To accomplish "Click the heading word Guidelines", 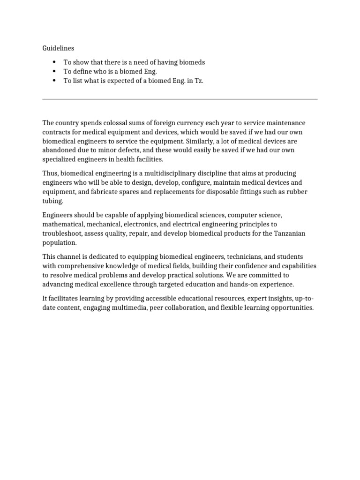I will (58, 48).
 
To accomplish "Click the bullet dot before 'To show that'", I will (54, 62).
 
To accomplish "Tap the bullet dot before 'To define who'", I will (54, 71).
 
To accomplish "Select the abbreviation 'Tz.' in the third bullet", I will (199, 81).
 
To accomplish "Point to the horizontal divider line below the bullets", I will (180, 99).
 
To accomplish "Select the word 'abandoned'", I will (58, 150).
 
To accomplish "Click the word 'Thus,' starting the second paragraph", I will (50, 173).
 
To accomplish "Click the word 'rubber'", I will (298, 192).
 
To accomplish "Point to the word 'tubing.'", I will (52, 201).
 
